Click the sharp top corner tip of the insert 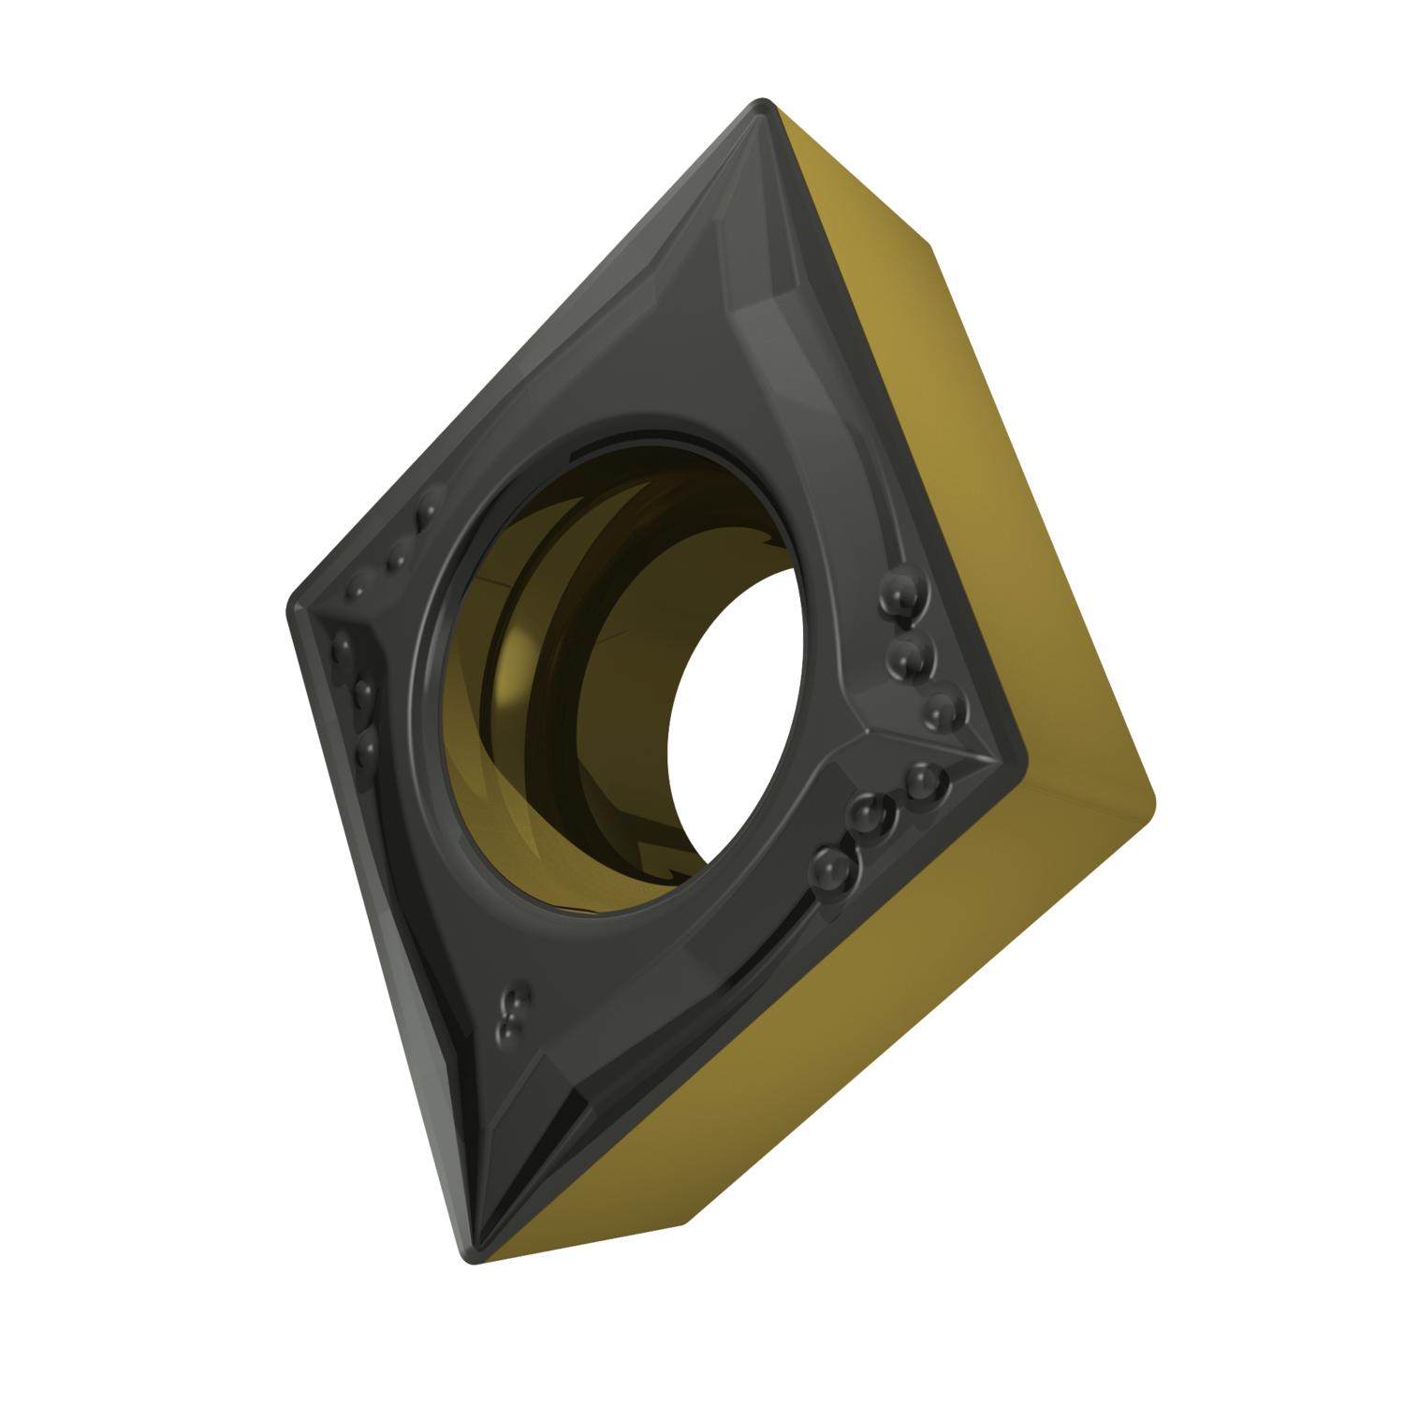click(763, 104)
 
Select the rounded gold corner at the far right click(1151, 800)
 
